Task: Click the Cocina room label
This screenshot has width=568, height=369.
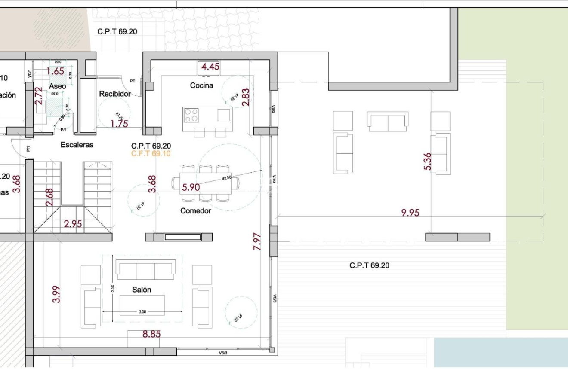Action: point(201,85)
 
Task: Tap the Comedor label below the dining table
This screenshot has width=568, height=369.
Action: point(196,211)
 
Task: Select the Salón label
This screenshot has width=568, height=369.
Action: point(142,290)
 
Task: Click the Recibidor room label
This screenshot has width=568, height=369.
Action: point(115,94)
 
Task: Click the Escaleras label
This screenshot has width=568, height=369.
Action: point(77,145)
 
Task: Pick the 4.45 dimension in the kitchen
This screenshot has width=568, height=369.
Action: point(210,67)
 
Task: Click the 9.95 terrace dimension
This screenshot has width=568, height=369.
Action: point(410,213)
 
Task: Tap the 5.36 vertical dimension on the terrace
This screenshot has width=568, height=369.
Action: point(427,162)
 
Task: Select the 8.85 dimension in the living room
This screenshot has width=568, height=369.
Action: point(151,334)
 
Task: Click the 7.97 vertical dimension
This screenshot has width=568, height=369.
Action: point(257,241)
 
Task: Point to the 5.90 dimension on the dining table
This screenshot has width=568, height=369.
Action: point(191,187)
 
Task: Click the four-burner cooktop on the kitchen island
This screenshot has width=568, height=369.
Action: point(191,115)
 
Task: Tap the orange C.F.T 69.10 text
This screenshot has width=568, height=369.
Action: point(151,153)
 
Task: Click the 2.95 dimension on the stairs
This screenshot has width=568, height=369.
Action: point(73,224)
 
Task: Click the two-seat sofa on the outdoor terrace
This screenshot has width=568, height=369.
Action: point(388,122)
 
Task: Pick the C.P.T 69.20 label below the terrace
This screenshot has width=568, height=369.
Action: point(369,265)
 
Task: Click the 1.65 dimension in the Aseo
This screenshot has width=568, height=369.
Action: point(56,71)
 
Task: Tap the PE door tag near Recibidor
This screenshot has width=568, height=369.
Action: point(133,80)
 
